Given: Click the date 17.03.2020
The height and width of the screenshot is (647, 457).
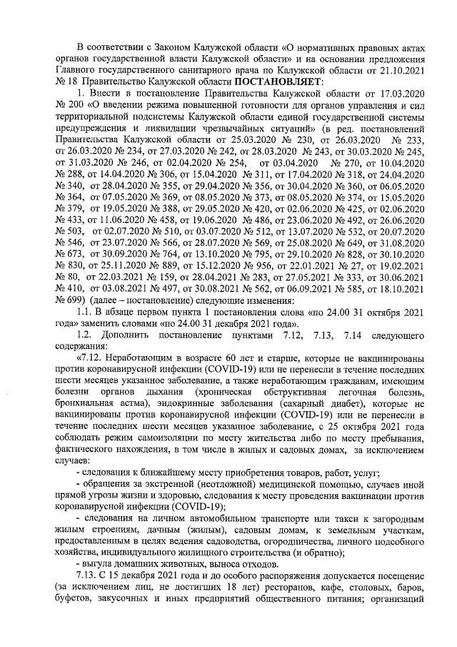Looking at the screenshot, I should click(403, 94).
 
